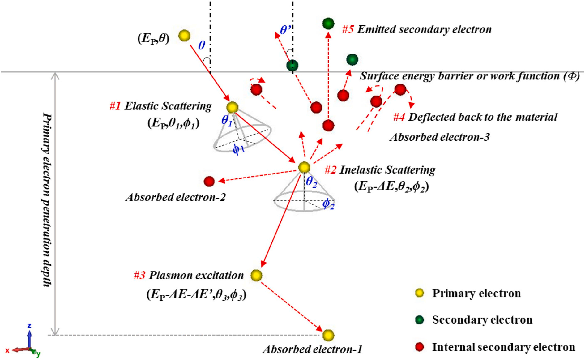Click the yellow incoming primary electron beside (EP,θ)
pos(184,36)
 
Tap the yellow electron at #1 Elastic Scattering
pos(232,107)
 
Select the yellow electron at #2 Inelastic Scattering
pos(304,167)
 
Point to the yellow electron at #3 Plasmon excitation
pos(256,275)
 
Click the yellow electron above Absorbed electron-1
pos(328,335)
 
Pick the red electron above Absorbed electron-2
pos(209,181)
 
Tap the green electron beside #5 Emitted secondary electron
pos(328,24)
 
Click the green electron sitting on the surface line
pos(292,65)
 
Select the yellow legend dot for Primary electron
pos(420,293)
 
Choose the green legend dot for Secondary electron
pos(420,319)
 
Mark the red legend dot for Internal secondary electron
pos(420,347)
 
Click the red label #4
pos(399,117)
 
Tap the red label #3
pos(139,275)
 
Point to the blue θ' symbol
pos(285,30)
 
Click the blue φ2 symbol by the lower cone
pos(328,204)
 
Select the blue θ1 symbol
pos(227,121)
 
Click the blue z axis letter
pos(29,325)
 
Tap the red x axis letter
pos(7,351)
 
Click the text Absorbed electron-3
pos(440,137)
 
